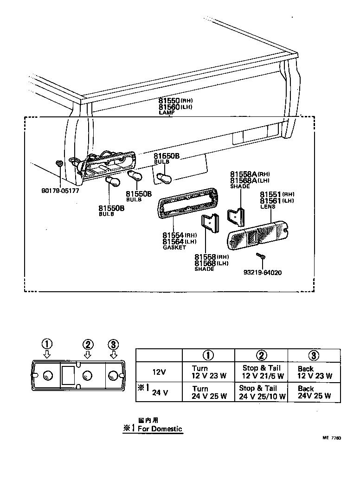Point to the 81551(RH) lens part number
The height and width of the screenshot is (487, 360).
pos(277,194)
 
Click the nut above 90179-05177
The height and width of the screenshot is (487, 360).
pos(59,163)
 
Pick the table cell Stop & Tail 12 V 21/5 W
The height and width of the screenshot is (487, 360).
pos(261,372)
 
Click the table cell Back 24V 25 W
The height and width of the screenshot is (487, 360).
pos(315,392)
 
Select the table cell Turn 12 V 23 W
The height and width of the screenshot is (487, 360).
pos(209,372)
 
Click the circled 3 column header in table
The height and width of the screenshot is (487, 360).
pos(314,355)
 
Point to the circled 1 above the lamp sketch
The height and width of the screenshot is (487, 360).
pos(47,344)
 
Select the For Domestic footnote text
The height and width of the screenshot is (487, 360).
pos(153,429)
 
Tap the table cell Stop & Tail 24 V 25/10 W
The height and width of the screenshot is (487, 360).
pos(261,392)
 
